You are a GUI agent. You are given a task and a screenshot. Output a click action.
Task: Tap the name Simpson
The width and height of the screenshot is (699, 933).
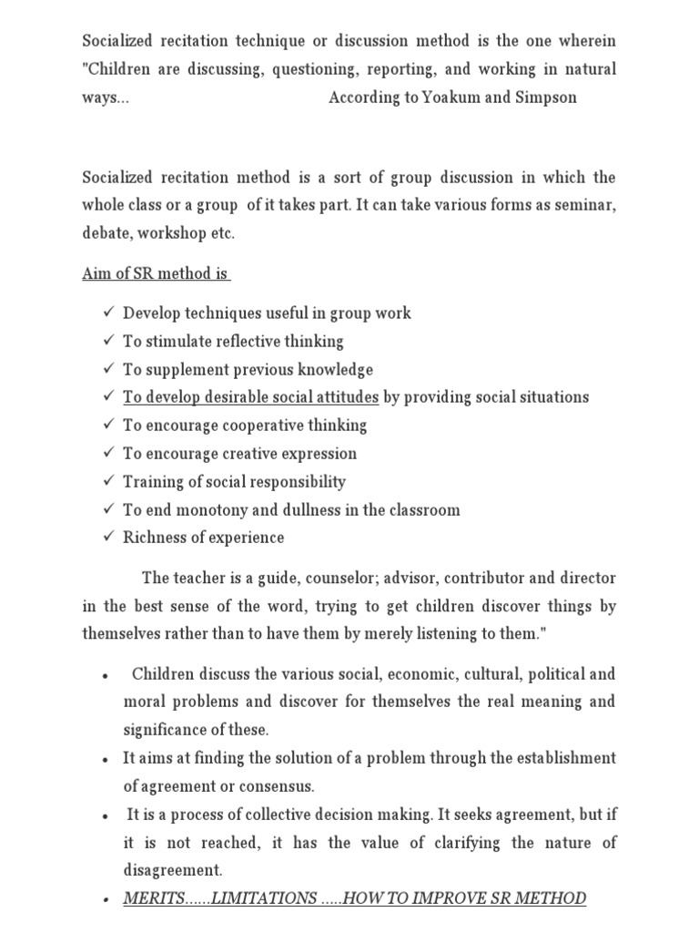point(546,97)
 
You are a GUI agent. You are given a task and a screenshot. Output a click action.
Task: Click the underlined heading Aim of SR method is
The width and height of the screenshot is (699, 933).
point(156,273)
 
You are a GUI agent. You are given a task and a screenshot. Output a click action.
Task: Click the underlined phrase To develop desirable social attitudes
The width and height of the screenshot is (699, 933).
point(250,397)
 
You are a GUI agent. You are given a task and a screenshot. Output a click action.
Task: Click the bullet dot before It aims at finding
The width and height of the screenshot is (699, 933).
point(106,759)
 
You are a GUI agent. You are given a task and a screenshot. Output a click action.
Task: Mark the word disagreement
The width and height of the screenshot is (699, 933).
point(173,870)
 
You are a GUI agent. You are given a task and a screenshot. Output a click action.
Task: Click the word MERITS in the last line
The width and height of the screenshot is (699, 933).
point(154,898)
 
